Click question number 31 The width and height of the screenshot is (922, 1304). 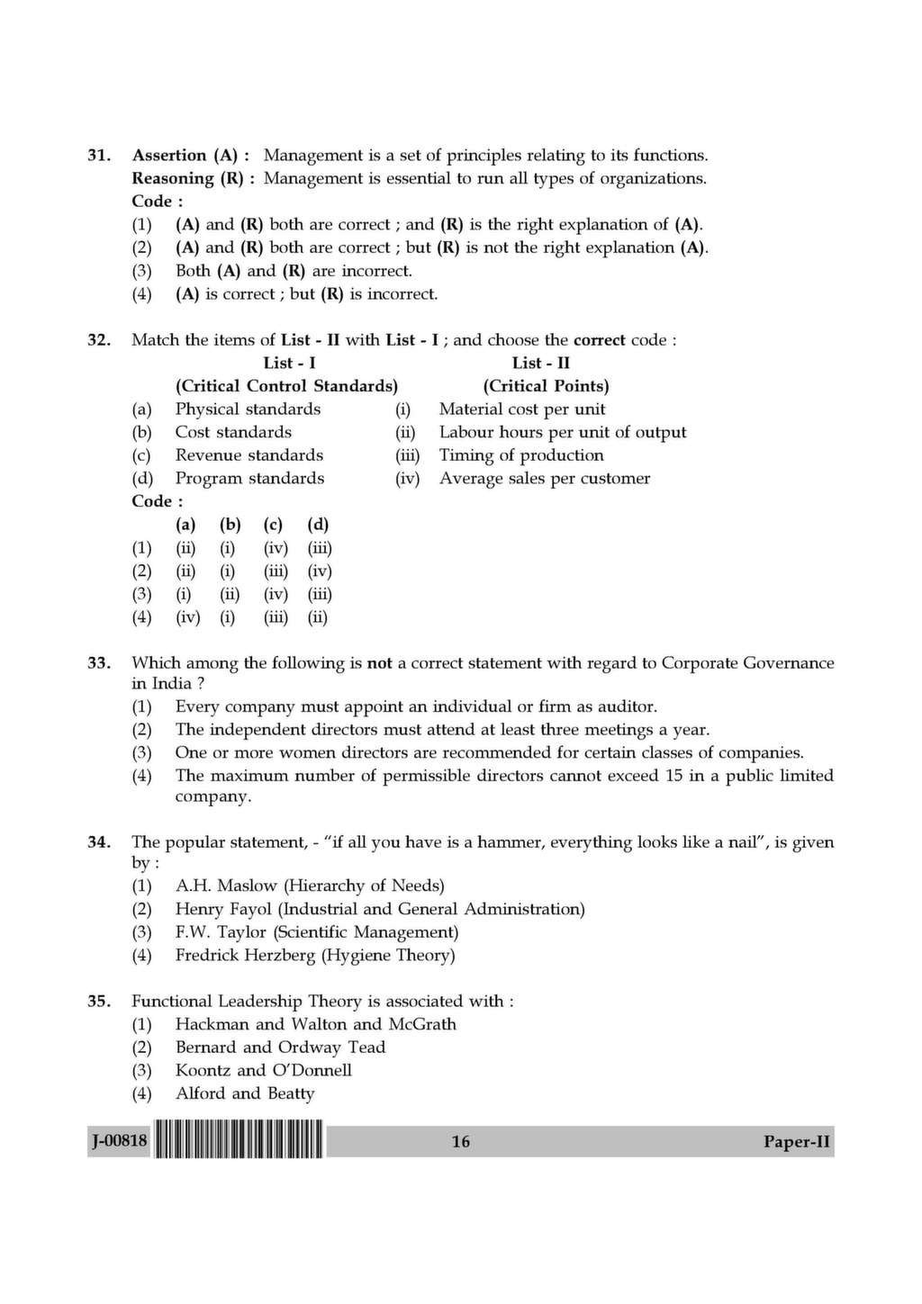coord(98,156)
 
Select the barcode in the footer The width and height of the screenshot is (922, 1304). coord(239,1140)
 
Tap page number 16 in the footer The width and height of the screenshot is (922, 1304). coord(461,1141)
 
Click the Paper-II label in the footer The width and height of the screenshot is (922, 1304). coord(797,1141)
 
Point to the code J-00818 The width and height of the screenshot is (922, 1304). coord(119,1141)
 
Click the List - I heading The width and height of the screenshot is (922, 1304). coord(289,364)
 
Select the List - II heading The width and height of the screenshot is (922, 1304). coord(540,364)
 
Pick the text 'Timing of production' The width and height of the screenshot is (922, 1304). coord(521,455)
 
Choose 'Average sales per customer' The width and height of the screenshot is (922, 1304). coord(544,479)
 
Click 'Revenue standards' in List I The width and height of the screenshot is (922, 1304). coord(249,455)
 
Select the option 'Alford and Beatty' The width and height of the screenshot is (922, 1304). coord(245,1093)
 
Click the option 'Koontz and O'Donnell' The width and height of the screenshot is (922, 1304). coord(263,1070)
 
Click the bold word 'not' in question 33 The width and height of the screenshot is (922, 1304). coord(379,663)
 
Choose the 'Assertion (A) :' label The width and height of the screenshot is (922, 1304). coord(191,156)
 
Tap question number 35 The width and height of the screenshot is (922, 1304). coord(98,1001)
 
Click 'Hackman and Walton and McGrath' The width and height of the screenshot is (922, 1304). coord(315,1024)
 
